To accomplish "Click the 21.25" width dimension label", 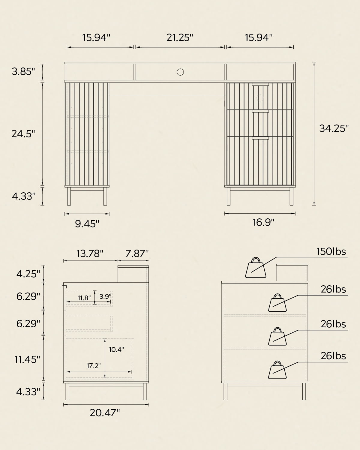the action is click(180, 37).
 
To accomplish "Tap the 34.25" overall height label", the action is click(334, 128).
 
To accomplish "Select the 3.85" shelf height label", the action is click(23, 71).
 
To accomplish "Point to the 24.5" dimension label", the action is click(23, 134).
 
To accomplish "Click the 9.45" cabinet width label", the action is click(87, 224).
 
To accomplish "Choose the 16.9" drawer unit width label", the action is click(263, 222).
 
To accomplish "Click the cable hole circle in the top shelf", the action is click(180, 72).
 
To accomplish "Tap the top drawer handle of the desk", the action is click(260, 85).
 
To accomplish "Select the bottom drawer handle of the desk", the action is click(260, 138).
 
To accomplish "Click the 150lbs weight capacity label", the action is click(331, 252).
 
